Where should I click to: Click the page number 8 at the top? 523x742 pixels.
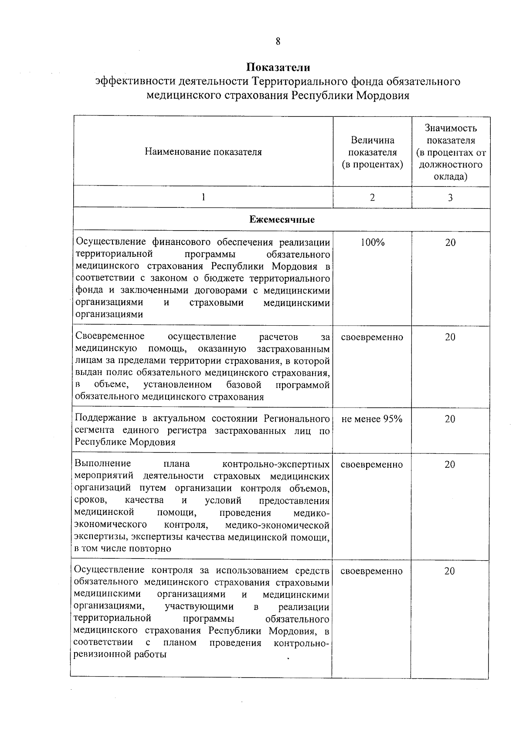tap(278, 41)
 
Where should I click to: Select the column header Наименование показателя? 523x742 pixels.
tap(203, 152)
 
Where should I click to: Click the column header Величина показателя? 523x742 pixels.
tap(372, 152)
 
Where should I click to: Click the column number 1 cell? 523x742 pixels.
tap(203, 197)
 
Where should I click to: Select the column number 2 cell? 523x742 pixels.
tap(372, 197)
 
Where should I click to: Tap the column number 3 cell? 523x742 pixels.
tap(450, 197)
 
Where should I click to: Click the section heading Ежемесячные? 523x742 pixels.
tap(282, 220)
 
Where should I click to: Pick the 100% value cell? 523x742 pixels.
tap(372, 243)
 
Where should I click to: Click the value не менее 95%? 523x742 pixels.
tap(372, 419)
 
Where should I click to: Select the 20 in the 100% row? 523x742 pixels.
tap(450, 243)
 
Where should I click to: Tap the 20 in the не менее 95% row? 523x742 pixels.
tap(450, 419)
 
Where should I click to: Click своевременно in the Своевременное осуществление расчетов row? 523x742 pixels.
tap(372, 337)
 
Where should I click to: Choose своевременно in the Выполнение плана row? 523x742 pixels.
tap(372, 465)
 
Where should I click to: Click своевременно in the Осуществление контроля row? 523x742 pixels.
tap(372, 571)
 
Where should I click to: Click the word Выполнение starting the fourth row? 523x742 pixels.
tap(103, 463)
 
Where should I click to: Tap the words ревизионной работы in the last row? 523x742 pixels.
tap(120, 655)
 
